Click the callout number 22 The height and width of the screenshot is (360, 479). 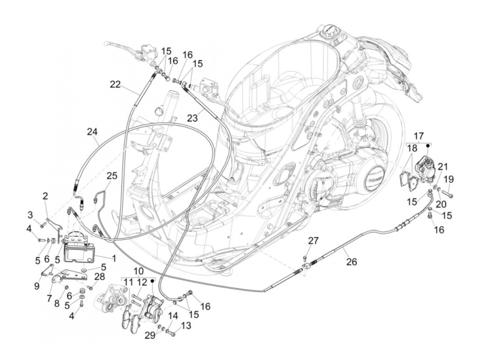115,85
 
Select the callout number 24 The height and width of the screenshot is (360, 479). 92,132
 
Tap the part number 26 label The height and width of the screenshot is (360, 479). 351,262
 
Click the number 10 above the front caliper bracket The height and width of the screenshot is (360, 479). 138,272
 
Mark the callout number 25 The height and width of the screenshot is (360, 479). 112,176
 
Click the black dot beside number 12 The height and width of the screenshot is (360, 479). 152,280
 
